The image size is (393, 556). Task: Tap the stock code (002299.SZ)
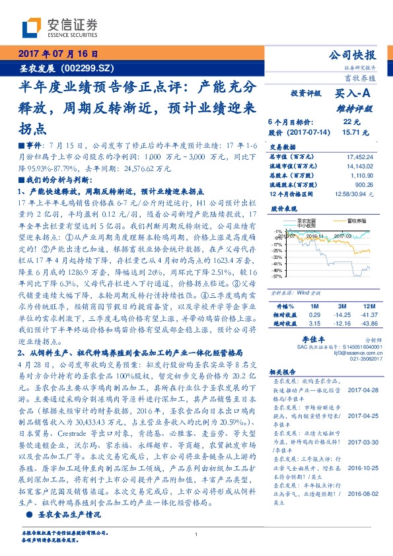click(87, 67)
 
